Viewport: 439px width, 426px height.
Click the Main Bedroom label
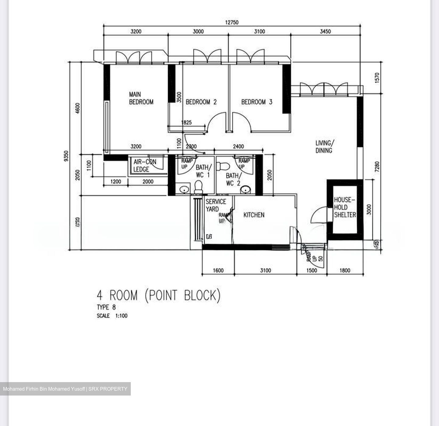(141, 98)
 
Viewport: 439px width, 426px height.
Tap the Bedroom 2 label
(201, 102)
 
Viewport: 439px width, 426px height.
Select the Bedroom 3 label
(256, 102)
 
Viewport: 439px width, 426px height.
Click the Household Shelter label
(344, 207)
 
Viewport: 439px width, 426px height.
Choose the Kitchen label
(254, 215)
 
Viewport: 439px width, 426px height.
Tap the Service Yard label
(216, 205)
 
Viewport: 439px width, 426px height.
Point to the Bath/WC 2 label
(233, 179)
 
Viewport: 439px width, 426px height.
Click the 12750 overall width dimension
(232, 22)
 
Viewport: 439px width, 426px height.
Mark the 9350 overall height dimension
(66, 156)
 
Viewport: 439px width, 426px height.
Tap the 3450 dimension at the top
(325, 31)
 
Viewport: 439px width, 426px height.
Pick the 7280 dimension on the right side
(377, 168)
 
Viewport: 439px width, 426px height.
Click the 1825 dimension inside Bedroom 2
(186, 122)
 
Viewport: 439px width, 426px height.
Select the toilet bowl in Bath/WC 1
(198, 186)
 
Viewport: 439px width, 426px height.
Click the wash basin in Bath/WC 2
(245, 190)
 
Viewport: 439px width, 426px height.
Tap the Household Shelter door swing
(319, 215)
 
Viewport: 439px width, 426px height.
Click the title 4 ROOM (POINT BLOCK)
(159, 295)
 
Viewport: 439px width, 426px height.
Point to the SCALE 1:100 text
(112, 316)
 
